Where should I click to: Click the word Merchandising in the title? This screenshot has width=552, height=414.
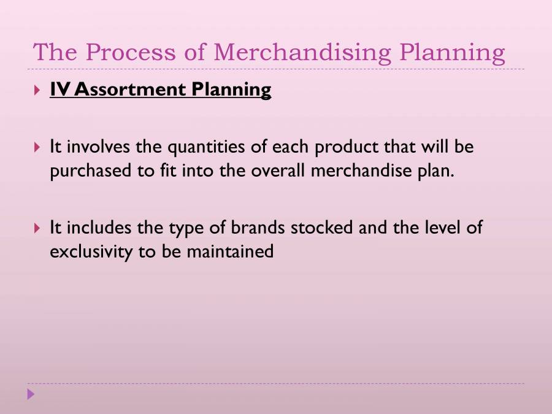tap(302, 53)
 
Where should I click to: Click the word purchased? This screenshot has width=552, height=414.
tap(91, 171)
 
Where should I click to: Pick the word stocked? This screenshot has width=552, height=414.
tap(321, 228)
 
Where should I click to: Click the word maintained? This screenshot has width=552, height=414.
tap(236, 251)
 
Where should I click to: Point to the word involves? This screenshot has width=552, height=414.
tap(95, 148)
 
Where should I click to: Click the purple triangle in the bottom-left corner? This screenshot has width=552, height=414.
tap(31, 394)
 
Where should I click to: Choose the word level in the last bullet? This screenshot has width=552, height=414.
tap(439, 228)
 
